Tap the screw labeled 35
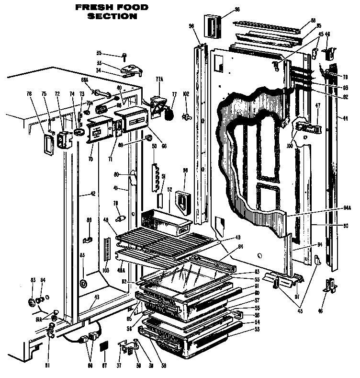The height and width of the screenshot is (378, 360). tap(124, 56)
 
